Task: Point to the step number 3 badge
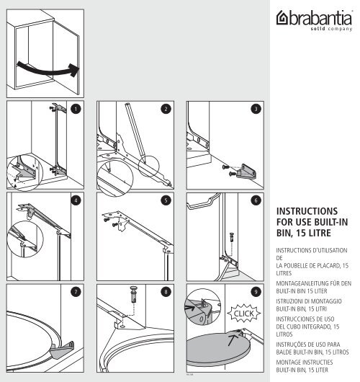pos(255,108)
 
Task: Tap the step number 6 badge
pos(255,200)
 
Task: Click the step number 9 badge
pos(255,291)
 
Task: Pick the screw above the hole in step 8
pos(134,296)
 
